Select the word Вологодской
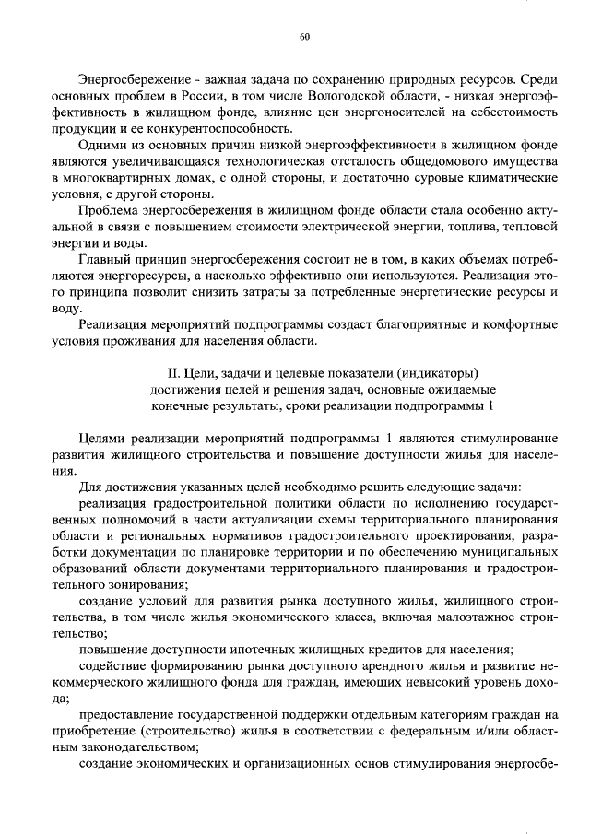pos(352,96)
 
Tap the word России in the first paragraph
pos(206,96)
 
